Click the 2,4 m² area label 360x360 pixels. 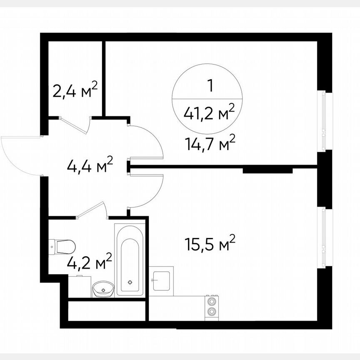(75, 90)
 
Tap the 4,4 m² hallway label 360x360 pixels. (90, 165)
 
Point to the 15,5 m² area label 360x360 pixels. (210, 244)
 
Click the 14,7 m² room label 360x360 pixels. (210, 145)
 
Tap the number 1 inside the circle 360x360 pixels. (210, 86)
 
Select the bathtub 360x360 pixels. (130, 260)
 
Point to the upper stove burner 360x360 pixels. (212, 301)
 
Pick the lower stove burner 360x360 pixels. (212, 312)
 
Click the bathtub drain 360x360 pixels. (131, 282)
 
